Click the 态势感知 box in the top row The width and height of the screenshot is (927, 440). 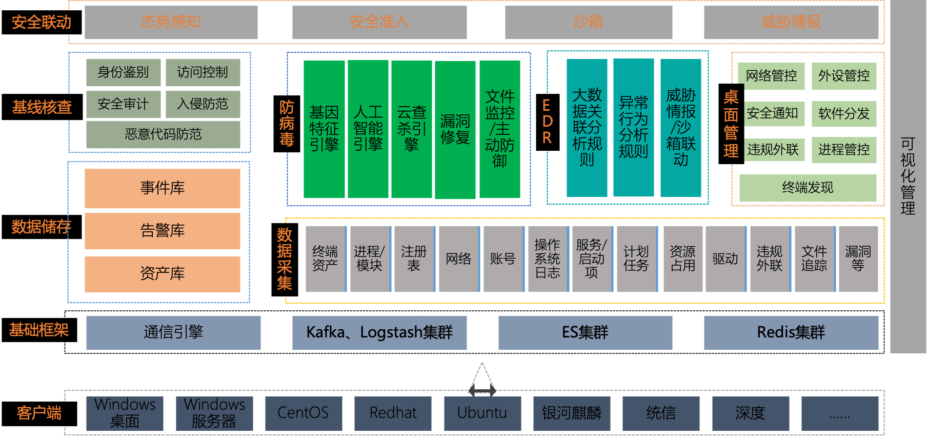(x=171, y=22)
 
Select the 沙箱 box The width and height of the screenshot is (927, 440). (x=588, y=22)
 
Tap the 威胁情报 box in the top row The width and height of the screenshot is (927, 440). (x=791, y=22)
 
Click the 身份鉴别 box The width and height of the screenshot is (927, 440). (x=123, y=72)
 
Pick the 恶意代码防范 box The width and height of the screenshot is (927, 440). (x=163, y=134)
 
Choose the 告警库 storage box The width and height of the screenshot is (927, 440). (x=162, y=231)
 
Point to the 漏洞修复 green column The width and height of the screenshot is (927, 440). (x=455, y=130)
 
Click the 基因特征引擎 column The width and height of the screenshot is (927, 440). (x=324, y=129)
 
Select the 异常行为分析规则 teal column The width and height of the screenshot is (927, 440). (x=633, y=127)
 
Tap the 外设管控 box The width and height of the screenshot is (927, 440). (x=843, y=76)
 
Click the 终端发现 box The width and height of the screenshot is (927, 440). (x=808, y=188)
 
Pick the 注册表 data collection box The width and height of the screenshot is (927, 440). (x=414, y=259)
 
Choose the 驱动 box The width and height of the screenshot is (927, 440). (x=725, y=259)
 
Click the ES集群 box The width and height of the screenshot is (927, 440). (x=585, y=333)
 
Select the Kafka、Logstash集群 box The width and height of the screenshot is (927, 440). (x=379, y=333)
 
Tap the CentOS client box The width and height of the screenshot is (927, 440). (x=303, y=413)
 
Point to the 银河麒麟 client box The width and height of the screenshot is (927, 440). (x=571, y=413)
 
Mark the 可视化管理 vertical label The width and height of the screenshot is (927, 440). (x=908, y=176)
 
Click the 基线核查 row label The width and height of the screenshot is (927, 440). (x=42, y=107)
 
